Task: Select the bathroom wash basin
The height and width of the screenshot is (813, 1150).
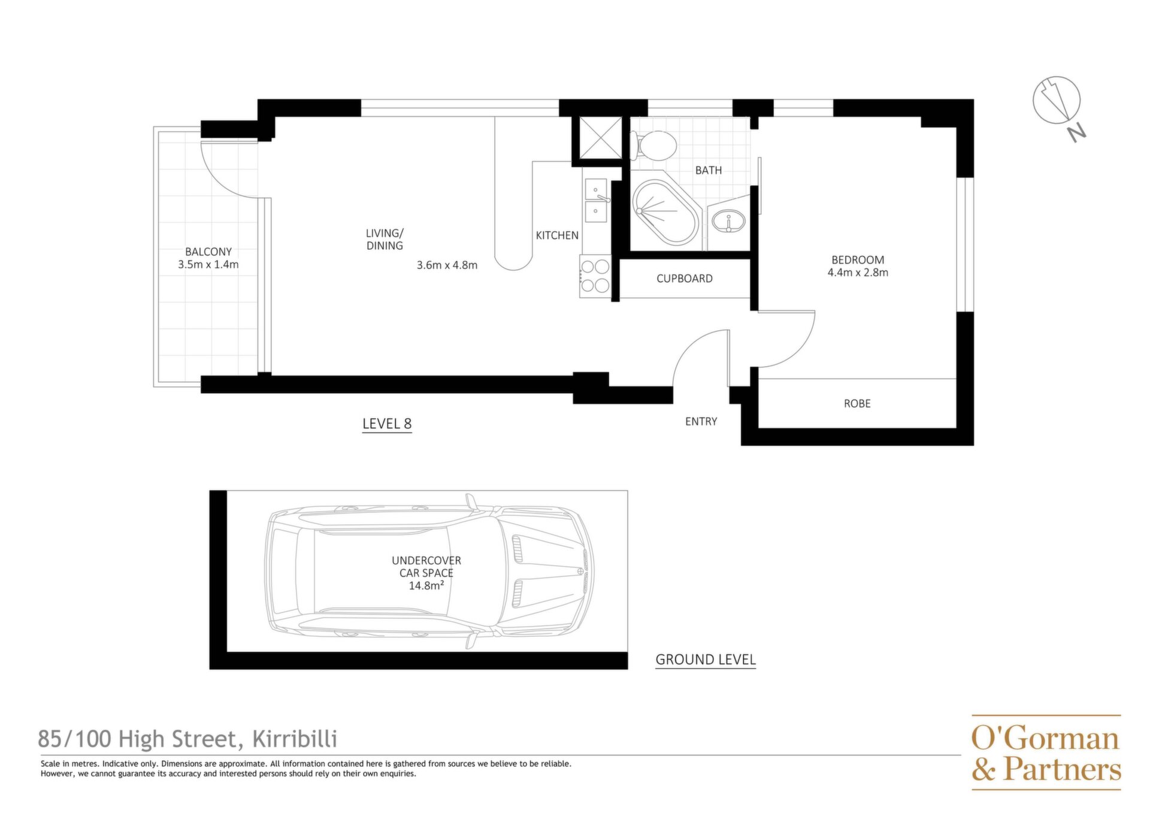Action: click(x=728, y=221)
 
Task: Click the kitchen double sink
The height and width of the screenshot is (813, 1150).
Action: click(x=597, y=200)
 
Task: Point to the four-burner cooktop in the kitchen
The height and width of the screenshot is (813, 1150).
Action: click(x=595, y=276)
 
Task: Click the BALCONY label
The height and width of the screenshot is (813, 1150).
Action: click(x=208, y=252)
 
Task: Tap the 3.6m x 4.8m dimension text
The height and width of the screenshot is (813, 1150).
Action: click(x=447, y=265)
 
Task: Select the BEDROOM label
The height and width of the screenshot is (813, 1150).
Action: click(x=858, y=259)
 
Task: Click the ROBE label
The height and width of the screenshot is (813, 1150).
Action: click(x=857, y=403)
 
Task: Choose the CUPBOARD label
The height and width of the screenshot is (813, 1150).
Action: click(x=685, y=278)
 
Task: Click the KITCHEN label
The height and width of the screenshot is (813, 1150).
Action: click(x=557, y=235)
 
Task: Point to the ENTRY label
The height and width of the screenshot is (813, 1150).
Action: click(x=701, y=421)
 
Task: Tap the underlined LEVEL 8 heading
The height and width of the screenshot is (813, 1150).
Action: click(x=387, y=424)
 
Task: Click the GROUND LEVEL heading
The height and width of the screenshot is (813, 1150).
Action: click(x=706, y=660)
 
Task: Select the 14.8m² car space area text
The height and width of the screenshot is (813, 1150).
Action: click(x=426, y=585)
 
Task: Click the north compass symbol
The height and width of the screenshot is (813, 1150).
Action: click(x=1058, y=105)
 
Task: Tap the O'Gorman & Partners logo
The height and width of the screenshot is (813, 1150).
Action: click(x=1046, y=752)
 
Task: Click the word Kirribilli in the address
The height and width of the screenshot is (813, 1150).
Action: click(x=295, y=739)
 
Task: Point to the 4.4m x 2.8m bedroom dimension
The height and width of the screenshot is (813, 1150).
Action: click(x=858, y=272)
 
